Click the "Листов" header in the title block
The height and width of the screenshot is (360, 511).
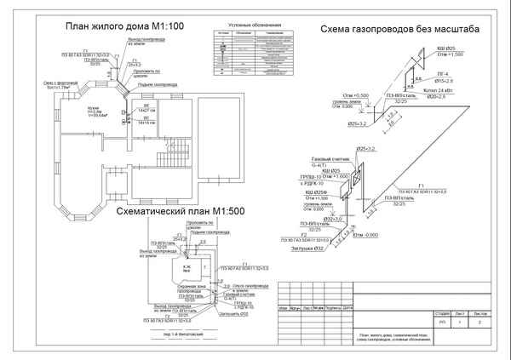(x=481, y=313)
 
